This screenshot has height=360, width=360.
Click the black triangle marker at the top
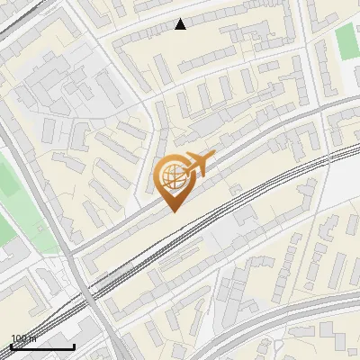pyautogui.click(x=181, y=24)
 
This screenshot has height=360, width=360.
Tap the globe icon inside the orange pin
pyautogui.click(x=172, y=176)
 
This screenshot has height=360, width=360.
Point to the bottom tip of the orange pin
pyautogui.click(x=173, y=211)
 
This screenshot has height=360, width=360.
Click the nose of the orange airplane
pyautogui.click(x=214, y=157)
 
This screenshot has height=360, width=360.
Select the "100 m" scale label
pyautogui.click(x=22, y=338)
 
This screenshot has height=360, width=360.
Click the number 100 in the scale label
pyautogui.click(x=19, y=338)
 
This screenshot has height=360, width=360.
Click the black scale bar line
pyautogui.click(x=42, y=346)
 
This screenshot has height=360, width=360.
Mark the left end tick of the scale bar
pyautogui.click(x=11, y=345)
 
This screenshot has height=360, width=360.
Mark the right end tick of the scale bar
pyautogui.click(x=74, y=345)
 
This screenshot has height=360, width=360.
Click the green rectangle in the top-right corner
pyautogui.click(x=347, y=41)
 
